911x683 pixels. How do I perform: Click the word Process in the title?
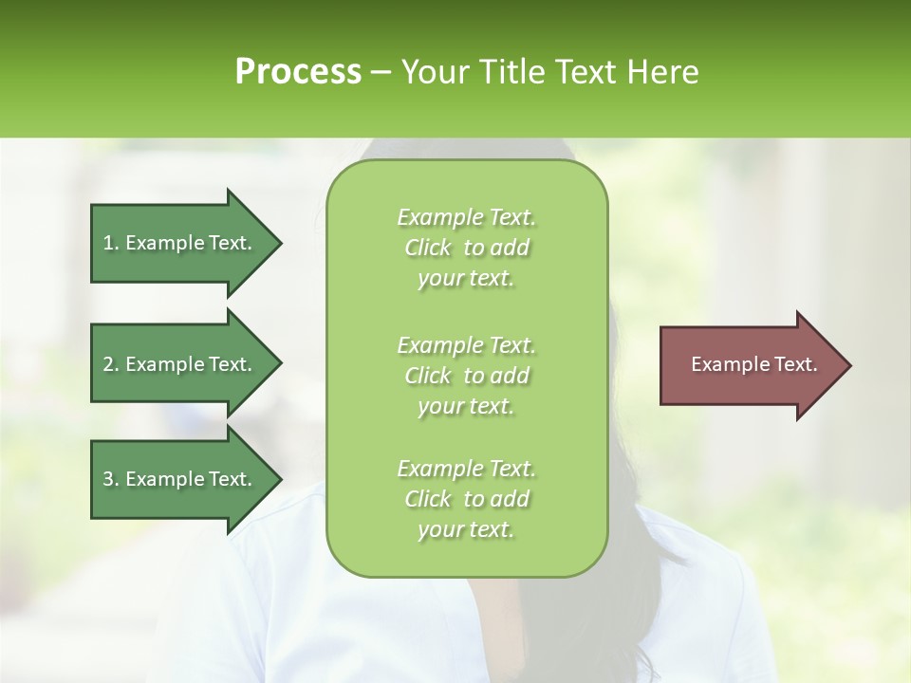(298, 72)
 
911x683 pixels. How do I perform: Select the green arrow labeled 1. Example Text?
(180, 243)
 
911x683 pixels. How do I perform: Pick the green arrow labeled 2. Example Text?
(180, 364)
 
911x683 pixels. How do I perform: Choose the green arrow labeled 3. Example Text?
(180, 479)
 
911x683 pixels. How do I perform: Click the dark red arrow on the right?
(750, 364)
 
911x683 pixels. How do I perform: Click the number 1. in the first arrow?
(111, 243)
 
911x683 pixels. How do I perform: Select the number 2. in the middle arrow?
(111, 364)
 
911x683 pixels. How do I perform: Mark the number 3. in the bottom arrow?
(111, 479)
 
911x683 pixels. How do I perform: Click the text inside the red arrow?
(754, 364)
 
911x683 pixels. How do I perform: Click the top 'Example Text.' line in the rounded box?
(466, 217)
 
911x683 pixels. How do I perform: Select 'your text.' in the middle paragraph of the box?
(466, 406)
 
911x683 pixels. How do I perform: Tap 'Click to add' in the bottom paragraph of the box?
(466, 499)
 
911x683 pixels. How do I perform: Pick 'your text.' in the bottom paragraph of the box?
(466, 529)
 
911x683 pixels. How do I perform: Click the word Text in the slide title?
(583, 72)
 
